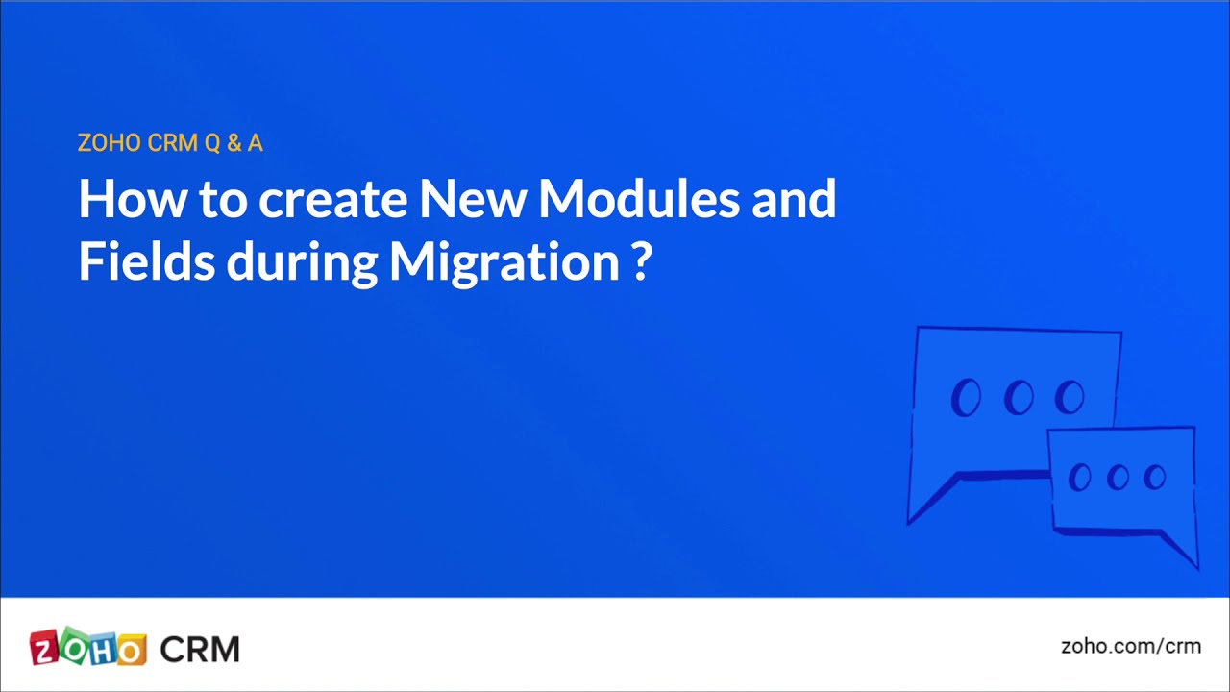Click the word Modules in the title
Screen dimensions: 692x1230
pos(638,199)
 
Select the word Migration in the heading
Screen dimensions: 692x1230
pos(504,260)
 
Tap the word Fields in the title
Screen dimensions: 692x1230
pos(146,260)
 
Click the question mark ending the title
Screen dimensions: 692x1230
pos(643,260)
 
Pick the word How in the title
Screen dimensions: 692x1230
pos(132,199)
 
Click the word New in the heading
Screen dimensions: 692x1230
pos(473,199)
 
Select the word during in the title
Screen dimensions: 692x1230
pos(302,260)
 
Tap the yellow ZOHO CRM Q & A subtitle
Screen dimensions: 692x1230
pos(170,143)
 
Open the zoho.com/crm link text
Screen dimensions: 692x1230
pos(1130,646)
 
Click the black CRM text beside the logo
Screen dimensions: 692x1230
pos(200,649)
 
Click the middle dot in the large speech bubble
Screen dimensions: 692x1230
pos(1019,397)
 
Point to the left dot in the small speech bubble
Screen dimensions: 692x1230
pos(1080,478)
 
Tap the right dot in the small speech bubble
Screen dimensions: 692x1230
pos(1155,478)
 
